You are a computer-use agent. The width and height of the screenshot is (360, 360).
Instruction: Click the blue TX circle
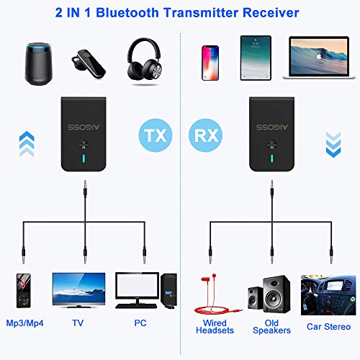coord(156,135)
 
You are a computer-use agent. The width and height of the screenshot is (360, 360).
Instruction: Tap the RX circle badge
coord(206,135)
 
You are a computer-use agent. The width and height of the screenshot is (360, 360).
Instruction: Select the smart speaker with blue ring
coord(38,63)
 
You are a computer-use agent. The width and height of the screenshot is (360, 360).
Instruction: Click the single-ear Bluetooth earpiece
coord(88,64)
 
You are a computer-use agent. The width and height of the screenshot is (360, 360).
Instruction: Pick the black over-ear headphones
coord(145,59)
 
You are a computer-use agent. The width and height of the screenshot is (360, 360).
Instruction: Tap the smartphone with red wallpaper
coord(210,63)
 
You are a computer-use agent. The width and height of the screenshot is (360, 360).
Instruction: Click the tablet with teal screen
coord(256,58)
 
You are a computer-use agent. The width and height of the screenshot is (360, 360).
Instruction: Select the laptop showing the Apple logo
coord(319,58)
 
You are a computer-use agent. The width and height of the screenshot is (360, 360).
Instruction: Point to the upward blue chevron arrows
coord(27,144)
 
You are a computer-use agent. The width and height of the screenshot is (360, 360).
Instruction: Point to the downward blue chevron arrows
coord(333,145)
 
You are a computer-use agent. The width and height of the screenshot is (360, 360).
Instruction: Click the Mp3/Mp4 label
coord(24,323)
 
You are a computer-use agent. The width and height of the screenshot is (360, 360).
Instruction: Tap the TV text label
coord(78,323)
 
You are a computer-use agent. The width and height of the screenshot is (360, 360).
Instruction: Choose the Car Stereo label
coord(328,327)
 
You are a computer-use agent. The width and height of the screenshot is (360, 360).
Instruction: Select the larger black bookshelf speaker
coord(276,294)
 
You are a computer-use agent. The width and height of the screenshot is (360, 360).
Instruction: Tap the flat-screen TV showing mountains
coord(78,290)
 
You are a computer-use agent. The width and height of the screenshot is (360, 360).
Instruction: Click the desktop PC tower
coord(169,289)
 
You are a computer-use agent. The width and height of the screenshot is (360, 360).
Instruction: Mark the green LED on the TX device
coord(84,158)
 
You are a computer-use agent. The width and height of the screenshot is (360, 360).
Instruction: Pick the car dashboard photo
coord(328,295)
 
